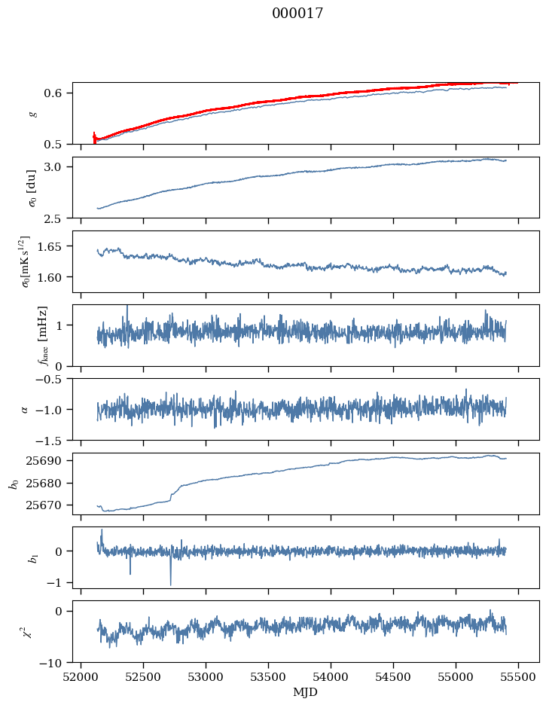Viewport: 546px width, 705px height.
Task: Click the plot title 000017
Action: coord(297,13)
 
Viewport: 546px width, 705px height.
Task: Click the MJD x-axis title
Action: coord(305,692)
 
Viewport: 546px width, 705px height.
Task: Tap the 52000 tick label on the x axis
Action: coord(81,678)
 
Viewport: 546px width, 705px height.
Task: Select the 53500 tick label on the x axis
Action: coord(268,678)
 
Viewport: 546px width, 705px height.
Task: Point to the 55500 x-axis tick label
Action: coord(518,678)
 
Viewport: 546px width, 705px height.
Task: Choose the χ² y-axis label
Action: coord(29,633)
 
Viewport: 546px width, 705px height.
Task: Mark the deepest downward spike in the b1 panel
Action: coord(171,584)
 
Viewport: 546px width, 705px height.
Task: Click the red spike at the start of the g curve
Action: coord(94,137)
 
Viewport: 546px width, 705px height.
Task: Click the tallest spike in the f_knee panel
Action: coord(127,307)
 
